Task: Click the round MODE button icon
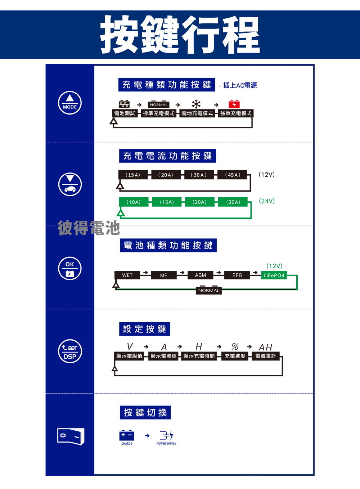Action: point(70,103)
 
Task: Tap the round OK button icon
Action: point(70,269)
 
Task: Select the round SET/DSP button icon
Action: point(70,351)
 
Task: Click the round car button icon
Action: point(70,184)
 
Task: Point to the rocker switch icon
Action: point(71,436)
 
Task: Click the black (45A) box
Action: point(233,175)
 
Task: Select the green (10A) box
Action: point(134,202)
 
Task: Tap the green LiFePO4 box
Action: point(274,275)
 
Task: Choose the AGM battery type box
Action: point(200,275)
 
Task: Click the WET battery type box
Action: point(127,275)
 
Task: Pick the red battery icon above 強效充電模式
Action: point(234,104)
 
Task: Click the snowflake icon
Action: point(196,104)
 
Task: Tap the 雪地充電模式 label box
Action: point(197,113)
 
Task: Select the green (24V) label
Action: point(267,201)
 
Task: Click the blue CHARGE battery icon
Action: point(127,435)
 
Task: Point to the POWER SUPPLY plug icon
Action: point(167,435)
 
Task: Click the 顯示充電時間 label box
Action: point(199,356)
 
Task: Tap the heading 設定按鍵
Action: point(145,329)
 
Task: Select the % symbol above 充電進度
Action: point(235,346)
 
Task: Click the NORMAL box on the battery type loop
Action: point(209,291)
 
